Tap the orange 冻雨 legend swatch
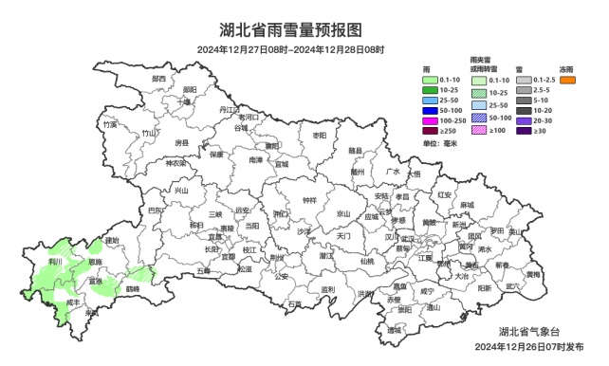(x=568, y=81)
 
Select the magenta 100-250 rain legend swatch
(x=429, y=120)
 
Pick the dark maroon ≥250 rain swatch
(x=429, y=131)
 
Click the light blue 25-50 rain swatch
(x=429, y=100)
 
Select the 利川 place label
(x=56, y=261)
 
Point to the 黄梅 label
(x=533, y=274)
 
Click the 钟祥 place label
(x=309, y=200)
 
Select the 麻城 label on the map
(x=467, y=204)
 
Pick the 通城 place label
(x=393, y=330)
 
